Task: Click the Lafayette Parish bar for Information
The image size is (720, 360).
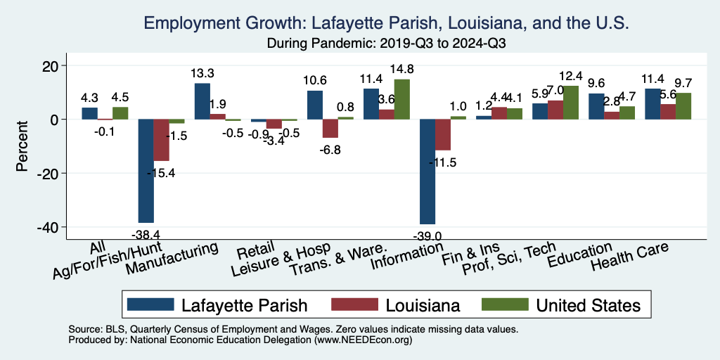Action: pyautogui.click(x=427, y=172)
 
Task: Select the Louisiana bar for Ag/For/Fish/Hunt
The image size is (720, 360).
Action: pyautogui.click(x=161, y=140)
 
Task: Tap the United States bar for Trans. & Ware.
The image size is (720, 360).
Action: pyautogui.click(x=401, y=99)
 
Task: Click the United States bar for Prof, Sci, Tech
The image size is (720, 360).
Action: pyautogui.click(x=570, y=103)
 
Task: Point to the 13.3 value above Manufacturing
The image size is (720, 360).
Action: pyautogui.click(x=202, y=72)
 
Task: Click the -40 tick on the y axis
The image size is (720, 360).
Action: pyautogui.click(x=52, y=227)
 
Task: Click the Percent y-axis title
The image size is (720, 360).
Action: pyautogui.click(x=22, y=146)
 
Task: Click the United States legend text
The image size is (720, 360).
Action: pyautogui.click(x=588, y=305)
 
